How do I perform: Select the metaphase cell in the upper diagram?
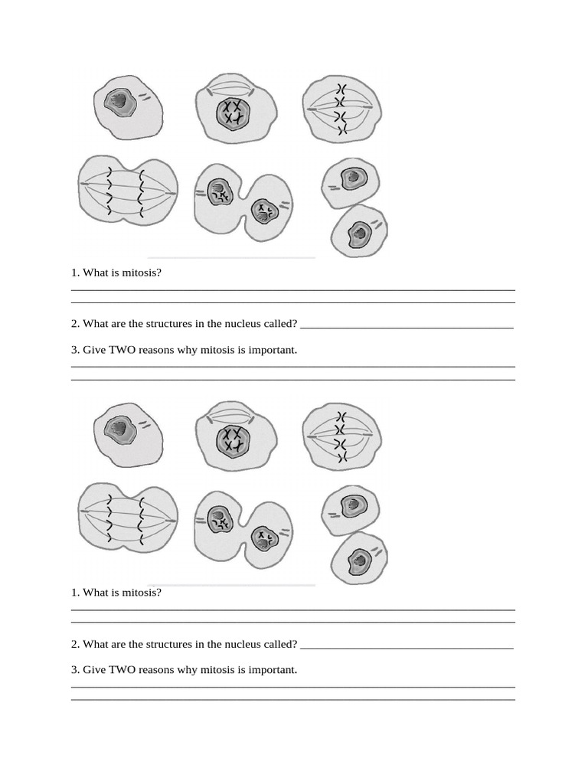pos(341,109)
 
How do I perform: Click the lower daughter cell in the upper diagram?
pos(358,230)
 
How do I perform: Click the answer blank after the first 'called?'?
pos(406,325)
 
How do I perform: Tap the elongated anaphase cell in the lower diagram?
pos(128,517)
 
